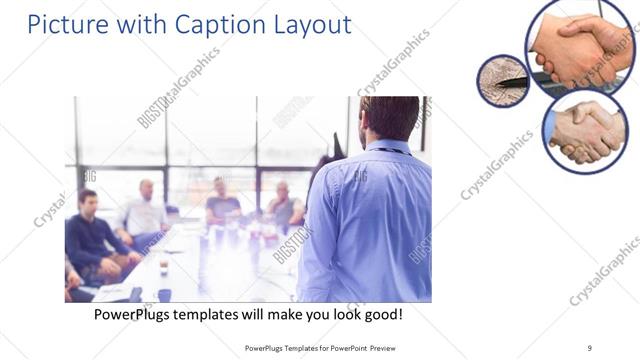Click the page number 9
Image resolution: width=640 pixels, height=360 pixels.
[590, 347]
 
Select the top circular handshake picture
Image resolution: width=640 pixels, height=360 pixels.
[580, 45]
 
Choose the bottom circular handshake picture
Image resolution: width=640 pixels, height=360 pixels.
[585, 131]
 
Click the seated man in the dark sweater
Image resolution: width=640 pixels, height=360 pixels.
[91, 230]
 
